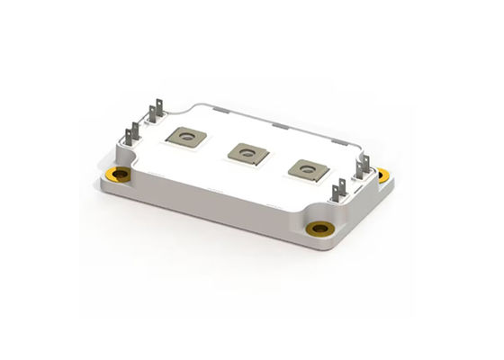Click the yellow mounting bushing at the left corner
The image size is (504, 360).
point(117,174)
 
